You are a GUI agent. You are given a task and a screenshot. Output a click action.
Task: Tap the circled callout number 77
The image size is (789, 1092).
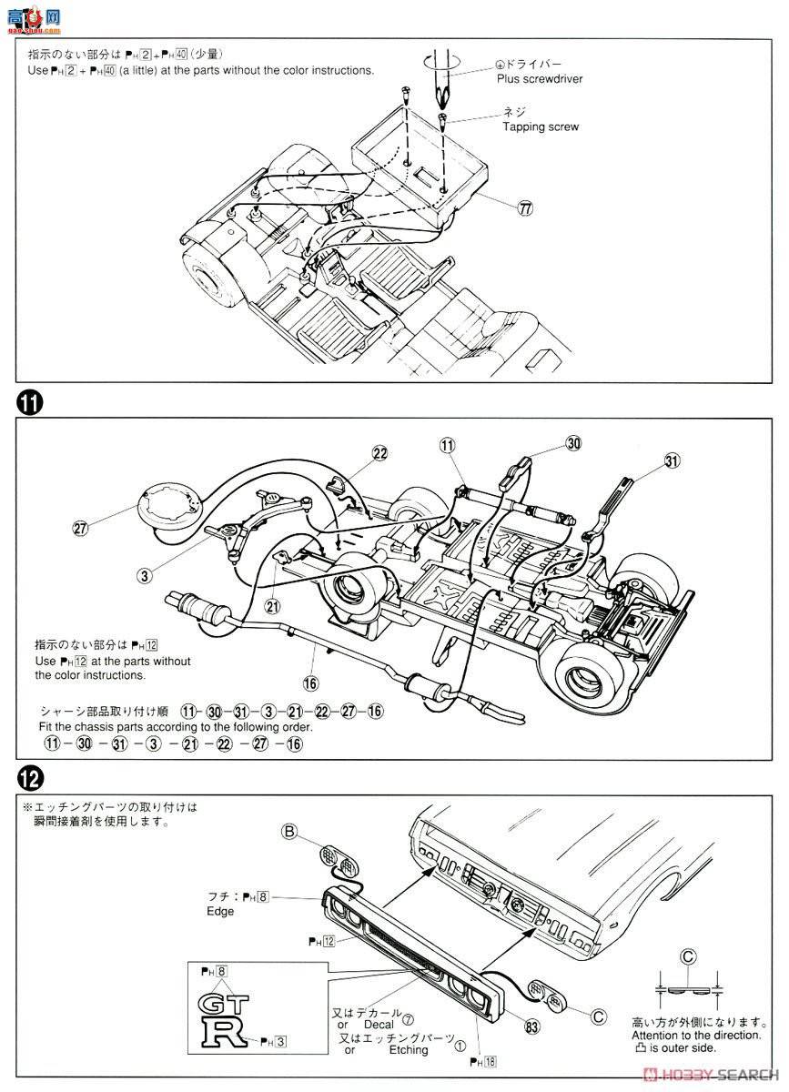click(x=525, y=208)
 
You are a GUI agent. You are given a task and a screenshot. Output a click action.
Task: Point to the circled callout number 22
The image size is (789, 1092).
click(x=379, y=454)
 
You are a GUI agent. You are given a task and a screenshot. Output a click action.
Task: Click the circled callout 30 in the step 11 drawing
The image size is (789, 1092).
click(x=572, y=443)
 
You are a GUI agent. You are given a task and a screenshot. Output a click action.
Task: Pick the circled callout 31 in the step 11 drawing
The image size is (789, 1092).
click(x=672, y=461)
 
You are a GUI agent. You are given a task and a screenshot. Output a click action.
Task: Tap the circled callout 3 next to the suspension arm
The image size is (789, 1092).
click(x=144, y=574)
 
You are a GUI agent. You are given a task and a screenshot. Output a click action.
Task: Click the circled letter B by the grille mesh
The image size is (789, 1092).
click(x=289, y=831)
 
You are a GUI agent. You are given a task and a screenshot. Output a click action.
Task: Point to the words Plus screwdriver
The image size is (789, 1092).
click(x=540, y=79)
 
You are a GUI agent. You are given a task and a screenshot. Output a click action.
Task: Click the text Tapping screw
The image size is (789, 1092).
click(x=541, y=127)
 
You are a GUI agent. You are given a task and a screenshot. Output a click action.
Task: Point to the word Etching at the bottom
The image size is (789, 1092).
click(x=409, y=1050)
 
